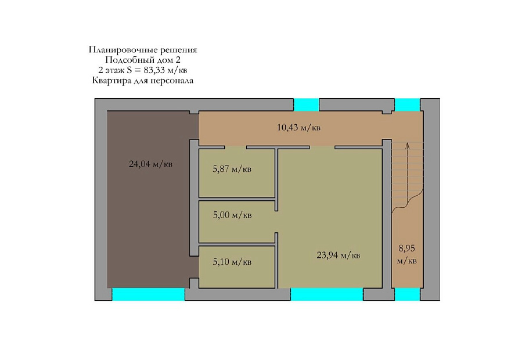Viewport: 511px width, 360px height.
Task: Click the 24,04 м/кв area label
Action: tap(150, 164)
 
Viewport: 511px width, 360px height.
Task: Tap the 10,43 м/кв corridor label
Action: tap(298, 127)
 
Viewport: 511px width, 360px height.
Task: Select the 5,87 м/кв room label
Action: tap(232, 169)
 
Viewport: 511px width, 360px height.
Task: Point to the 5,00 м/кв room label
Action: tap(232, 215)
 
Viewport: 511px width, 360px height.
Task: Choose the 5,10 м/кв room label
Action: tap(232, 262)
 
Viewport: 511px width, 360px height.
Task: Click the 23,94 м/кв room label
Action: tap(339, 255)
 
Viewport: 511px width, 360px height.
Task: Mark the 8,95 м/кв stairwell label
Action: tap(406, 254)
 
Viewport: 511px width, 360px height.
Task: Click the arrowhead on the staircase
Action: tap(407, 145)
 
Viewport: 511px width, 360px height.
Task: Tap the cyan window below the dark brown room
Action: tap(148, 294)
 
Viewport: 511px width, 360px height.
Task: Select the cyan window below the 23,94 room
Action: tap(326, 294)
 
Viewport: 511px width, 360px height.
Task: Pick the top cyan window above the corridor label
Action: tap(307, 105)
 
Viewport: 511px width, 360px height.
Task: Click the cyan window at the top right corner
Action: tap(408, 105)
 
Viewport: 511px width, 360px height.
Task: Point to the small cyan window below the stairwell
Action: tap(408, 294)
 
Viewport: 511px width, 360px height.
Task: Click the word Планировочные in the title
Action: tap(124, 50)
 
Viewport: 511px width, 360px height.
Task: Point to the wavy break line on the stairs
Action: tap(408, 201)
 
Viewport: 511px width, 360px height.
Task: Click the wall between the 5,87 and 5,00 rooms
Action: tap(237, 199)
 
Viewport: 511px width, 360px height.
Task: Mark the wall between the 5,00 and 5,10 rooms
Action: tap(237, 244)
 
